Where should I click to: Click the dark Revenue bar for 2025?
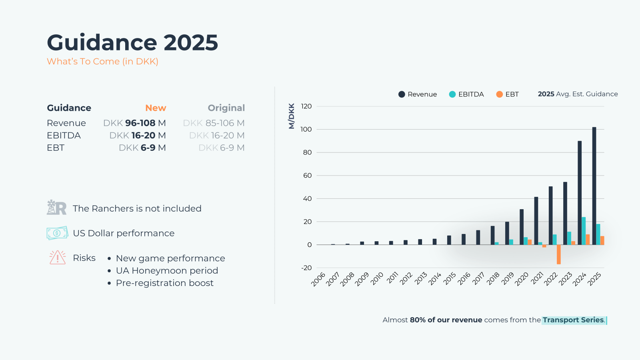click(x=594, y=186)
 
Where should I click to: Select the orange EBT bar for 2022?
click(x=558, y=254)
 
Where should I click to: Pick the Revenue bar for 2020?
click(x=522, y=227)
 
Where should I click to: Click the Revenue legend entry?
click(x=418, y=94)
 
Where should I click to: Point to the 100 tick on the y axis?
click(x=306, y=129)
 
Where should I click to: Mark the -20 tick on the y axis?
click(x=306, y=268)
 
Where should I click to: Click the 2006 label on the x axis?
click(x=318, y=279)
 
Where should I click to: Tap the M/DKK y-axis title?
click(x=292, y=116)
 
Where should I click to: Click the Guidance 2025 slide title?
click(x=132, y=42)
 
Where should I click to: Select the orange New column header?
click(x=156, y=108)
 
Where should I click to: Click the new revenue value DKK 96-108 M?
click(x=134, y=123)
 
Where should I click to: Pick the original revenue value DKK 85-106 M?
click(x=214, y=123)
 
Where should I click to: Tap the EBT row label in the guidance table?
click(x=56, y=148)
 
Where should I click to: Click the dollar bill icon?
click(x=57, y=233)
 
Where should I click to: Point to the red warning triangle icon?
click(x=58, y=258)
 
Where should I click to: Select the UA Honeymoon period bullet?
click(x=167, y=271)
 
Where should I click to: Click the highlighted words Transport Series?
click(x=573, y=320)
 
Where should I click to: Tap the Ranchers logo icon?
click(x=56, y=208)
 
